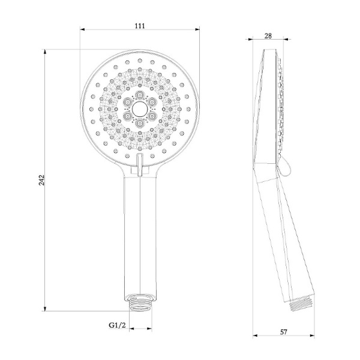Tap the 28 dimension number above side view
pyautogui.click(x=268, y=36)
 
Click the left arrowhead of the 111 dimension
pyautogui.click(x=82, y=29)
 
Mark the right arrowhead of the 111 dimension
pyautogui.click(x=198, y=29)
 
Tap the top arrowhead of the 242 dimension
pyautogui.click(x=46, y=52)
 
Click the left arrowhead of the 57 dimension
pyautogui.click(x=253, y=335)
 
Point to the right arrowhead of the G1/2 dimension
pyautogui.click(x=151, y=329)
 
